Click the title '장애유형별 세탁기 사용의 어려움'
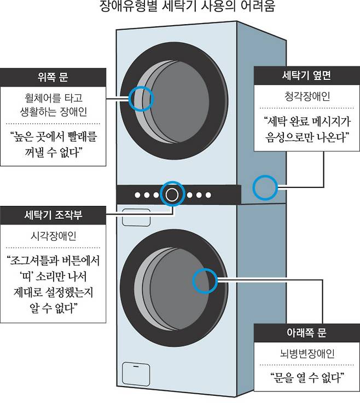tap(187, 5)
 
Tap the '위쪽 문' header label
tap(53, 77)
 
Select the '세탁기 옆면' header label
tap(306, 76)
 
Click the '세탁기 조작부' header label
tap(53, 215)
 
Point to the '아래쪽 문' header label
tap(306, 332)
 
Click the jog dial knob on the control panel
tap(172, 194)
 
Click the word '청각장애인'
tap(307, 96)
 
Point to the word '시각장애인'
tap(53, 235)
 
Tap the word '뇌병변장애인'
tap(307, 353)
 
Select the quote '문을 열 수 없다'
tap(307, 378)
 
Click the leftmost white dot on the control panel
tap(138, 195)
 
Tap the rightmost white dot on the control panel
tap(208, 195)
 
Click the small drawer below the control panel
tap(136, 217)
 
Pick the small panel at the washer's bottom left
tap(136, 373)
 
